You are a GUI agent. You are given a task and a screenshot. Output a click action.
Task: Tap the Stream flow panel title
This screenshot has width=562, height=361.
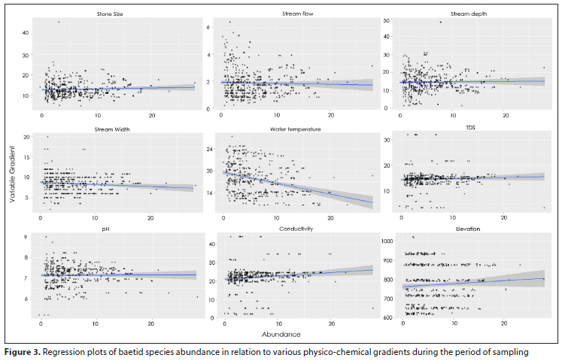pos(296,14)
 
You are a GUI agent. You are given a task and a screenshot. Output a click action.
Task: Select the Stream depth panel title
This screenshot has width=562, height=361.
pos(469,14)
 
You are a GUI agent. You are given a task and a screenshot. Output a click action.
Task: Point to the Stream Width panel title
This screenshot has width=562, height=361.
pos(109,129)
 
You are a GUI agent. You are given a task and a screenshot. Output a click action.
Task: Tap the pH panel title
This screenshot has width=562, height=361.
pos(111,229)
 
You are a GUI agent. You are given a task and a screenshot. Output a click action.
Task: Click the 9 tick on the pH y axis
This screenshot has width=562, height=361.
pos(27,238)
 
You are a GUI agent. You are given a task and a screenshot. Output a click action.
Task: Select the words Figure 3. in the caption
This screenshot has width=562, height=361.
pos(23,351)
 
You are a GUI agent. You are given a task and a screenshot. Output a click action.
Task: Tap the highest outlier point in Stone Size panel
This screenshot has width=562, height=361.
pos(59,22)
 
